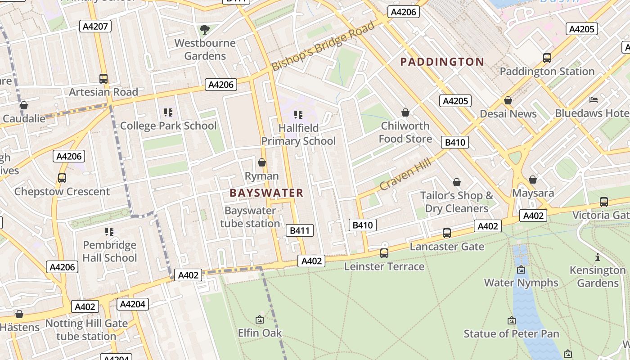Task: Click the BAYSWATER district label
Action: point(266,193)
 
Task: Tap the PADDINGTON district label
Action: point(442,62)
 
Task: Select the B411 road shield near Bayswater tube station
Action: point(300,231)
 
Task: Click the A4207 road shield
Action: point(96,26)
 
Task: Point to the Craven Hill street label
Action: point(405,174)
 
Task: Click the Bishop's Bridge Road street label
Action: point(323,46)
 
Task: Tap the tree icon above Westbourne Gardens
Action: point(205,30)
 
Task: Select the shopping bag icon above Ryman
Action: point(262,162)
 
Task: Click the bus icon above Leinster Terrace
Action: point(384,253)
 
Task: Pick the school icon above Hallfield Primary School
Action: point(298,115)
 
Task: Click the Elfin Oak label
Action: point(260,333)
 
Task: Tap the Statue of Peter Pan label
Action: point(511,334)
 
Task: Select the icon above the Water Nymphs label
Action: point(521,270)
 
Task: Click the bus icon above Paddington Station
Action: point(547,58)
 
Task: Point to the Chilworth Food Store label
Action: point(405,132)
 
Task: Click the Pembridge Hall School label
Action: point(109,252)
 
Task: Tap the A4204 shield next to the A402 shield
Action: point(132,304)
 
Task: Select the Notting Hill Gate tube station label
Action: point(86,330)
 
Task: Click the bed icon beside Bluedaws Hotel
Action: point(594,99)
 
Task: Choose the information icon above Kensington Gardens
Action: point(597,257)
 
